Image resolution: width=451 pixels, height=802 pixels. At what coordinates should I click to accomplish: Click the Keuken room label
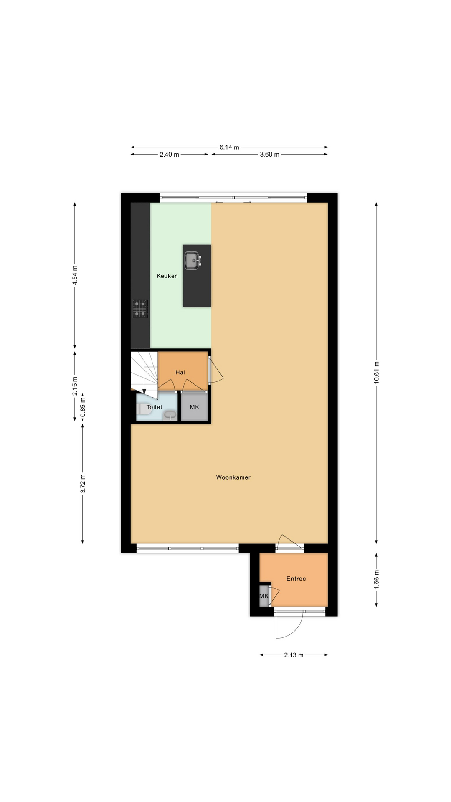click(167, 276)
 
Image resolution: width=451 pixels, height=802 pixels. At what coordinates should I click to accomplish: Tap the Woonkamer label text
click(233, 477)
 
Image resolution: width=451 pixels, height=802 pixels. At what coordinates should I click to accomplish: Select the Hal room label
click(180, 372)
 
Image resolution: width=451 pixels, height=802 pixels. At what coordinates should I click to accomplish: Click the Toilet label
click(154, 407)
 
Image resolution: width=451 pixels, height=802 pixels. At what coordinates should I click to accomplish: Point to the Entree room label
click(296, 579)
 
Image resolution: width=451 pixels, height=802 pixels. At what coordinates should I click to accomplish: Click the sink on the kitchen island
click(193, 261)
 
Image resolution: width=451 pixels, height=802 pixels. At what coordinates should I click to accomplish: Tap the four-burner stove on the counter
click(140, 309)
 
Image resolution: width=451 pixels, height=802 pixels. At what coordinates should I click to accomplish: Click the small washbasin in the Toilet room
click(170, 415)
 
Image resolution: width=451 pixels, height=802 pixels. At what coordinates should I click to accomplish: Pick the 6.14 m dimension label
click(229, 147)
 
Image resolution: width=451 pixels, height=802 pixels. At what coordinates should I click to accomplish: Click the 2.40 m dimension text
click(169, 155)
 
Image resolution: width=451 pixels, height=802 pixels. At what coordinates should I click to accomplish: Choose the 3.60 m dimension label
click(269, 155)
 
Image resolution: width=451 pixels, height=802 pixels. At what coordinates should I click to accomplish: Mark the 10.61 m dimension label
click(376, 373)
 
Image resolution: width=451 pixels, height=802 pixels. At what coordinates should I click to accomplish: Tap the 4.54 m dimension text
click(75, 275)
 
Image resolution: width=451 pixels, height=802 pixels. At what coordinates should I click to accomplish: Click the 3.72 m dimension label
click(83, 483)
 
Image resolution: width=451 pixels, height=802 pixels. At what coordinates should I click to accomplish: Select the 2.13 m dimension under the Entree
click(294, 655)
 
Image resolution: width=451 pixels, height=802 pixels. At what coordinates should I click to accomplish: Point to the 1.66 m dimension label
click(376, 579)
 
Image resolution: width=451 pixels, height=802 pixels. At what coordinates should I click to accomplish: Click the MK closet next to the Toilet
click(194, 407)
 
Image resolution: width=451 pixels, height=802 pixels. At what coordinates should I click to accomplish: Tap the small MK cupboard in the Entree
click(264, 596)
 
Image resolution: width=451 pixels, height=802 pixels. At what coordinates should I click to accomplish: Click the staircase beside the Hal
click(144, 372)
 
